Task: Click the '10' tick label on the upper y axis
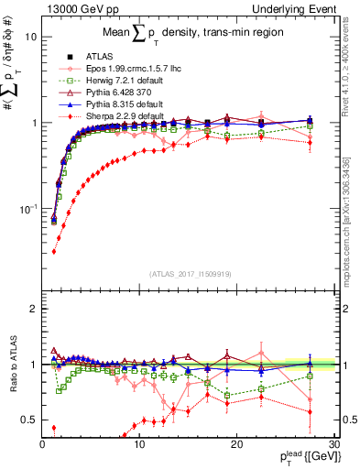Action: (x=30, y=38)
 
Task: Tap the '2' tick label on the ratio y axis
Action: (x=33, y=309)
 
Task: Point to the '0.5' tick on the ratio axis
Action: (x=29, y=420)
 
